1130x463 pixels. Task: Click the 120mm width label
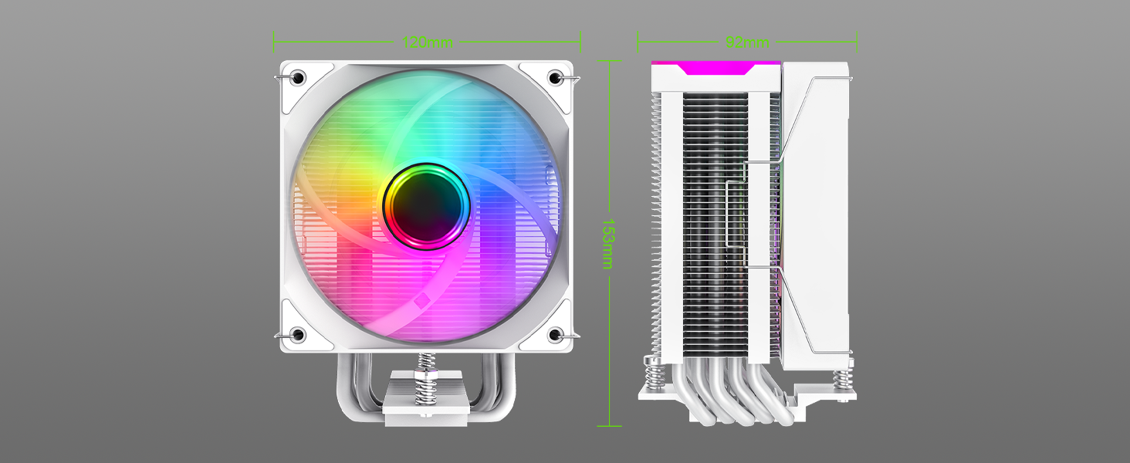click(427, 42)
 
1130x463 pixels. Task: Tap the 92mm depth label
click(746, 42)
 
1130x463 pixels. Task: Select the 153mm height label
click(608, 242)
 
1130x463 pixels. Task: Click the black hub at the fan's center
click(427, 204)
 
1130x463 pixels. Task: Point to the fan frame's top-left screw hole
click(299, 77)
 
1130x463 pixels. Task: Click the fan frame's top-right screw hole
click(554, 77)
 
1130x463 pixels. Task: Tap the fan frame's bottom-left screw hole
click(299, 335)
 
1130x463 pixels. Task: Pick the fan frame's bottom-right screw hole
click(554, 335)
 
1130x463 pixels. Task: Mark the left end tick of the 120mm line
click(274, 42)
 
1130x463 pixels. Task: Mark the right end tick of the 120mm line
click(580, 42)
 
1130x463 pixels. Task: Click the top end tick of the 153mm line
click(609, 61)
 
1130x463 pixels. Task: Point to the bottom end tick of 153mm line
click(609, 425)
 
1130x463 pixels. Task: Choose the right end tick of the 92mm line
click(857, 42)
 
